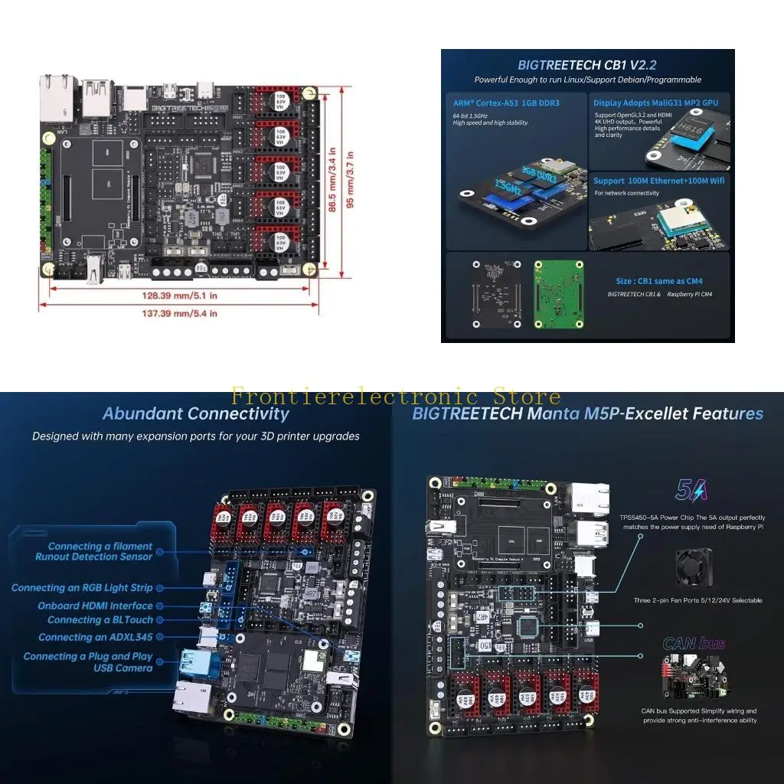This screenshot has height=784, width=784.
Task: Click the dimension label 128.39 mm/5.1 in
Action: (179, 295)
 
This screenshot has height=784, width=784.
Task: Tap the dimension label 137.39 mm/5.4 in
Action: (179, 313)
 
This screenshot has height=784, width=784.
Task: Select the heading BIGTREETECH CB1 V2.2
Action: (587, 66)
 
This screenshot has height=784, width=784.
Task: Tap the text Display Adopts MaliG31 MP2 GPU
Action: (656, 103)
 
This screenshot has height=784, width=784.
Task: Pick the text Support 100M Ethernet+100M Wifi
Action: (659, 181)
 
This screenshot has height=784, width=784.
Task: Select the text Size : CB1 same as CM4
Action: (660, 281)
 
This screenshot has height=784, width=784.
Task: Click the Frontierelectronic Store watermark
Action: (396, 397)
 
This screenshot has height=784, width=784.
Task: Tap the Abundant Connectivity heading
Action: (196, 414)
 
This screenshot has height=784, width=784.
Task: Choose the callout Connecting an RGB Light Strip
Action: (82, 588)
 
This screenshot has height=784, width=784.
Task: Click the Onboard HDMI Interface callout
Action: (95, 606)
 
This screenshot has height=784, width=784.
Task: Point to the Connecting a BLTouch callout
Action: (100, 620)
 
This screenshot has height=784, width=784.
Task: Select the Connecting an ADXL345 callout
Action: (95, 638)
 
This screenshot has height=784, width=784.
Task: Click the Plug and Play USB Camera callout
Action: (88, 662)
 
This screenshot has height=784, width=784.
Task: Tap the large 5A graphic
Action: (691, 491)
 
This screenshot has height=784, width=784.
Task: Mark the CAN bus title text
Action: (693, 643)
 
